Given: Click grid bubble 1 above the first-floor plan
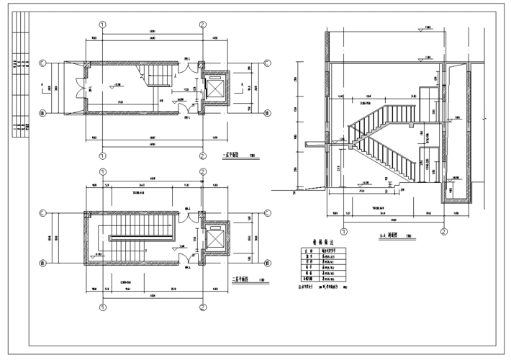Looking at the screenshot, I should tap(103, 24).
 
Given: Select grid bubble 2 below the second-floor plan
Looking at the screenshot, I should tap(203, 307).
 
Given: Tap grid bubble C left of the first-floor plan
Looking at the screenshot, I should tap(43, 63).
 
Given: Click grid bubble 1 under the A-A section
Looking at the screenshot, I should tap(343, 232).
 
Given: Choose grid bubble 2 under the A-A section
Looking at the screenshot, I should tap(444, 232).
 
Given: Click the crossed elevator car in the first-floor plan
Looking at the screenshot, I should tap(216, 87).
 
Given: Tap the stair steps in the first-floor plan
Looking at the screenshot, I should tap(159, 74).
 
